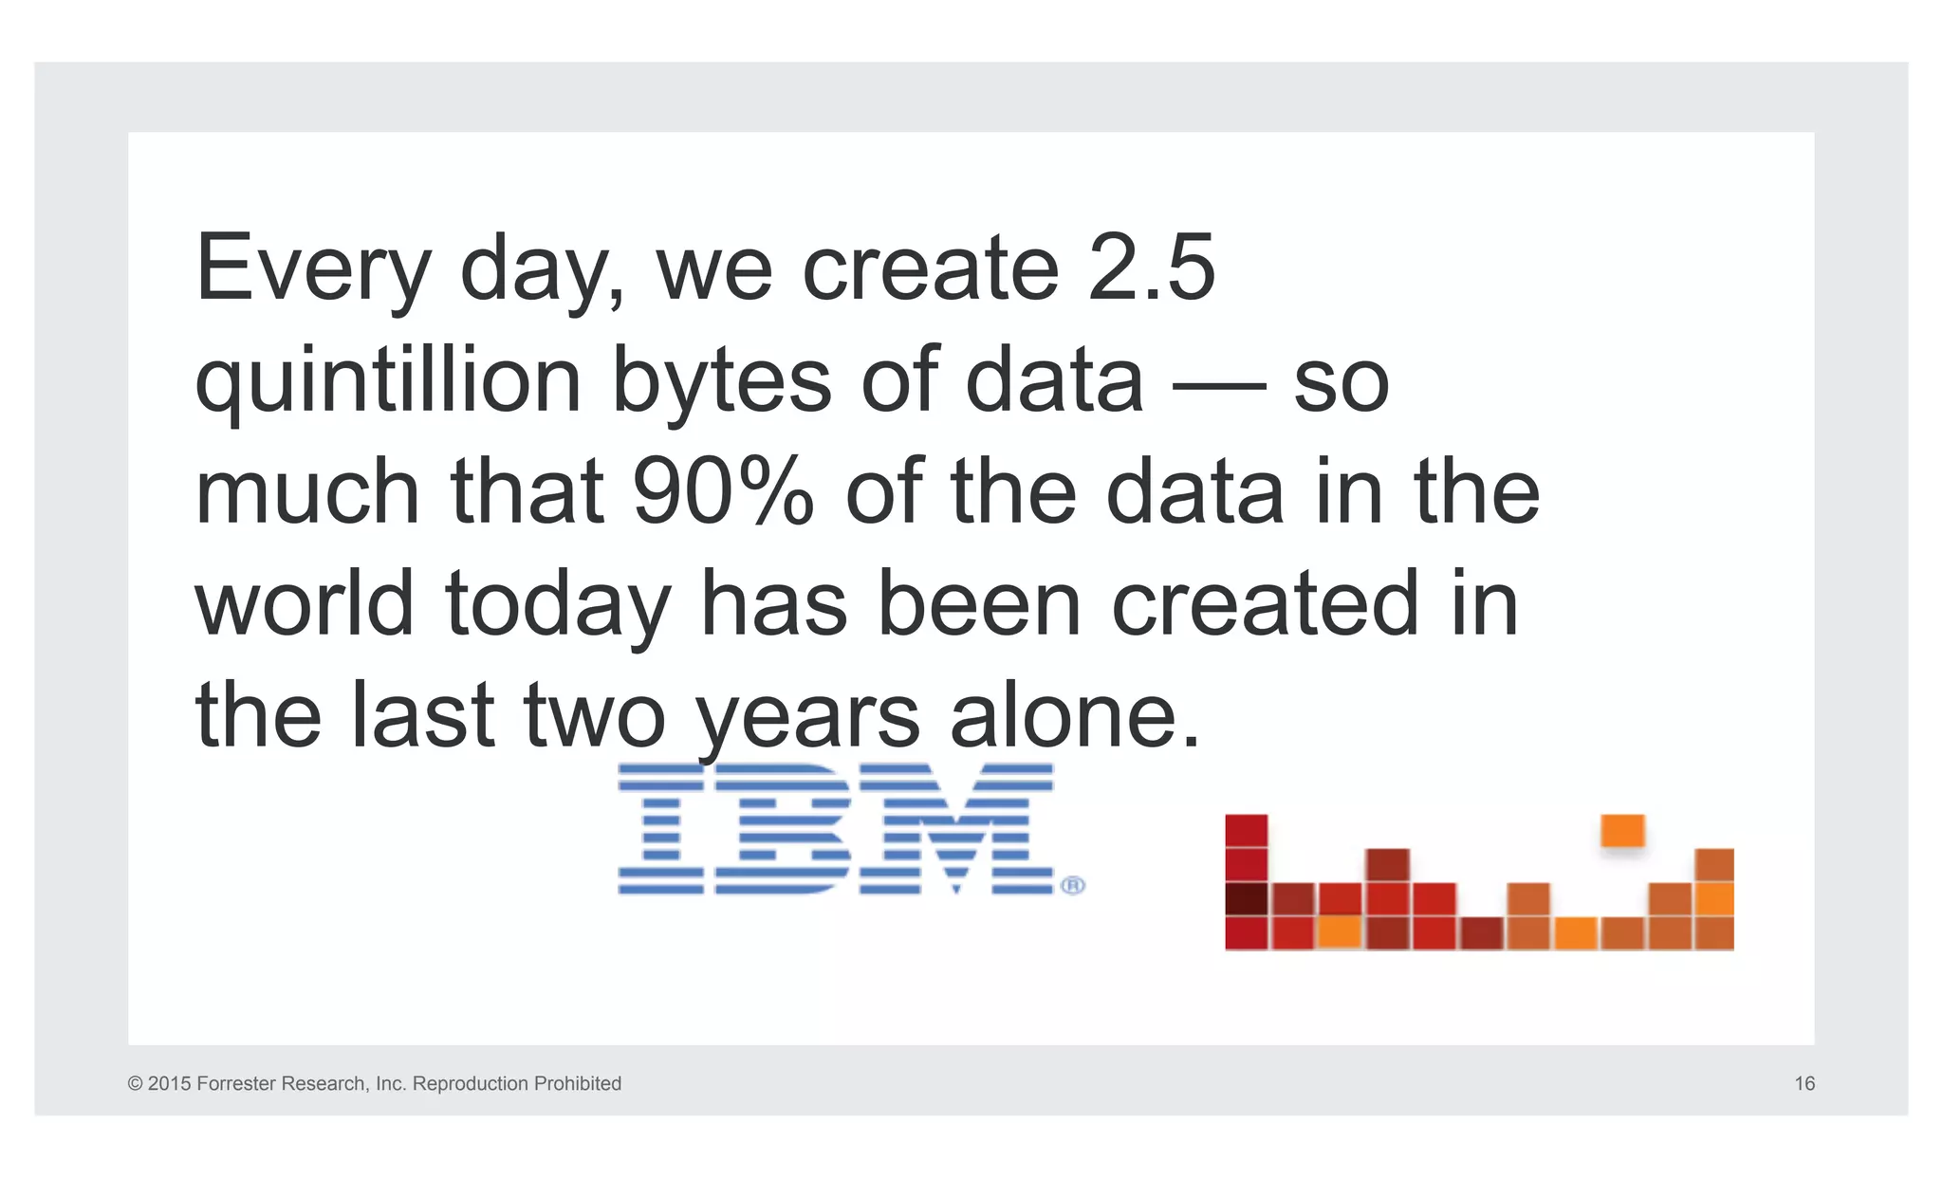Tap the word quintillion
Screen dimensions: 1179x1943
(388, 381)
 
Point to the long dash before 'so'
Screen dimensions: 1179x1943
(1218, 386)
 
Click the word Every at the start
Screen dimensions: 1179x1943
(313, 269)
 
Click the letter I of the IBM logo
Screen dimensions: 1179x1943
(661, 829)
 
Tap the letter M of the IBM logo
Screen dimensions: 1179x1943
(955, 829)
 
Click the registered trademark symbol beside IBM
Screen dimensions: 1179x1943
(1072, 885)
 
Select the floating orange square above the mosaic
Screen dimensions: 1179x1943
(1621, 831)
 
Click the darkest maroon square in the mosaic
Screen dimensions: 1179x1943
(1246, 898)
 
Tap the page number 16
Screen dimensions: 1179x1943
(1804, 1083)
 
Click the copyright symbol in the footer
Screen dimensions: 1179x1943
(135, 1083)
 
